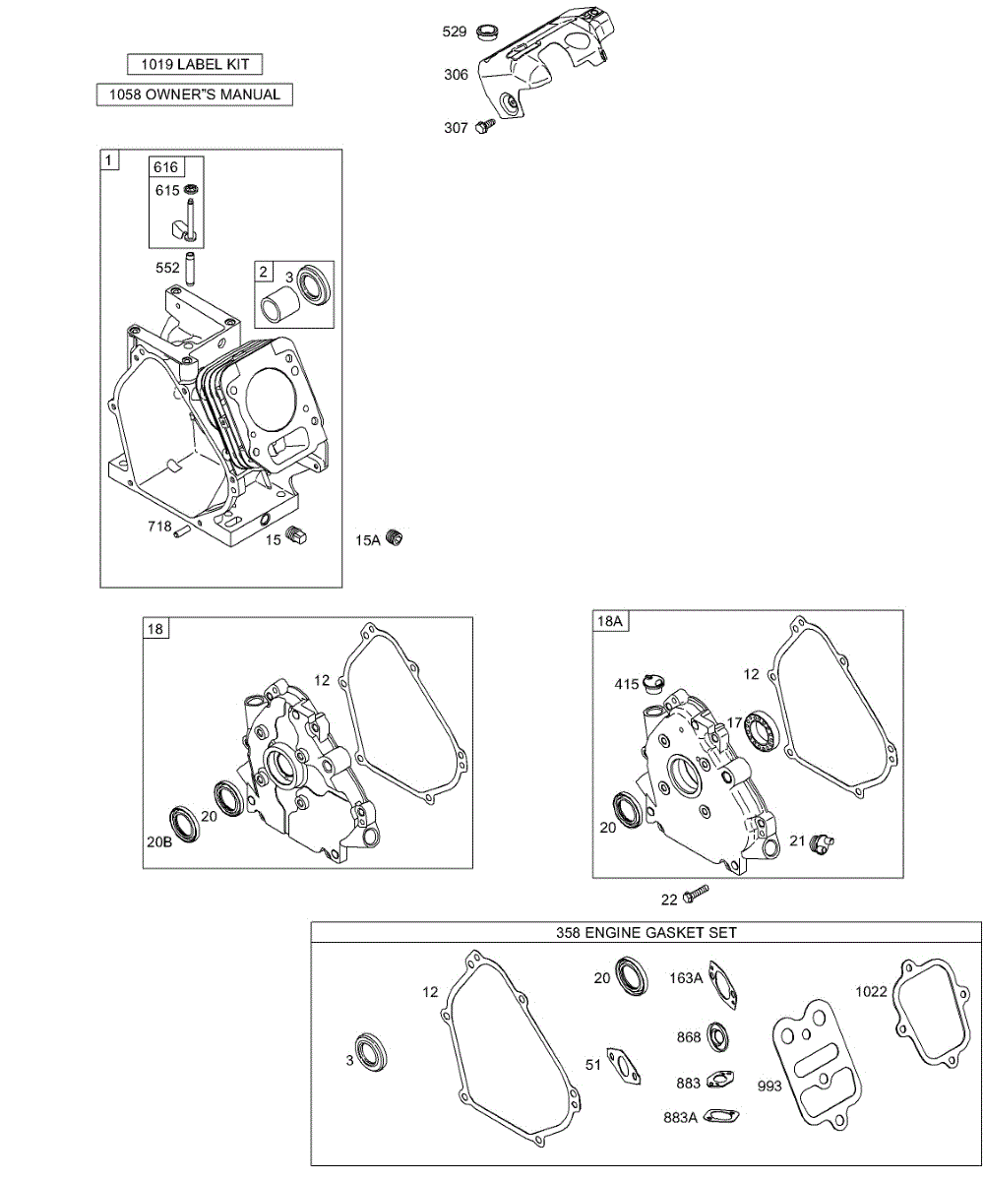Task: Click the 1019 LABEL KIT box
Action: (x=195, y=64)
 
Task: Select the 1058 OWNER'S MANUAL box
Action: (x=195, y=94)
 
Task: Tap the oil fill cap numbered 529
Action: (x=485, y=32)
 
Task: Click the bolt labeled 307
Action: (x=484, y=126)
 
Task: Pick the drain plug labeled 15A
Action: (x=396, y=538)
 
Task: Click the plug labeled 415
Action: (x=654, y=682)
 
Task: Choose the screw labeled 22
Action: (x=696, y=894)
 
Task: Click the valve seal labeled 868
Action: (x=719, y=1036)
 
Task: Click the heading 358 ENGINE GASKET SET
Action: (x=646, y=931)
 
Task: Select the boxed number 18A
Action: (x=610, y=620)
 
